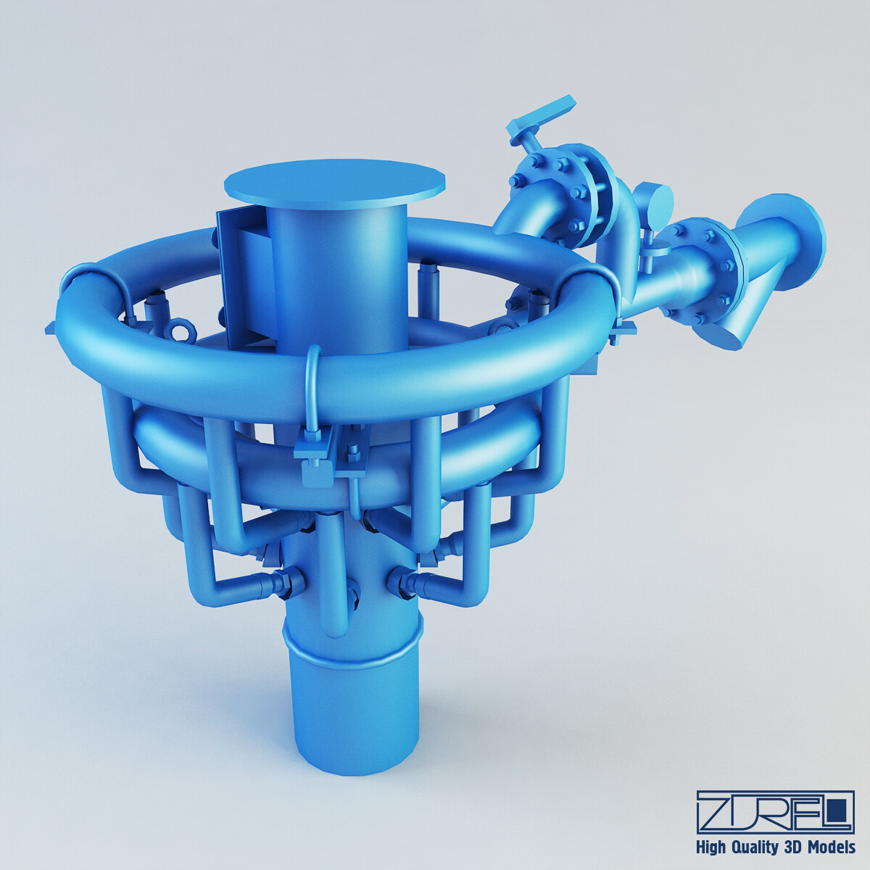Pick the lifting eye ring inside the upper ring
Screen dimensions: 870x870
pos(181,331)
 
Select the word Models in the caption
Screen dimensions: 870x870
pos(831,847)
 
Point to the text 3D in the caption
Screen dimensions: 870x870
pos(792,847)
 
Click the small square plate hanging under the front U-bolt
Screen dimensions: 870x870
pos(317,475)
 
